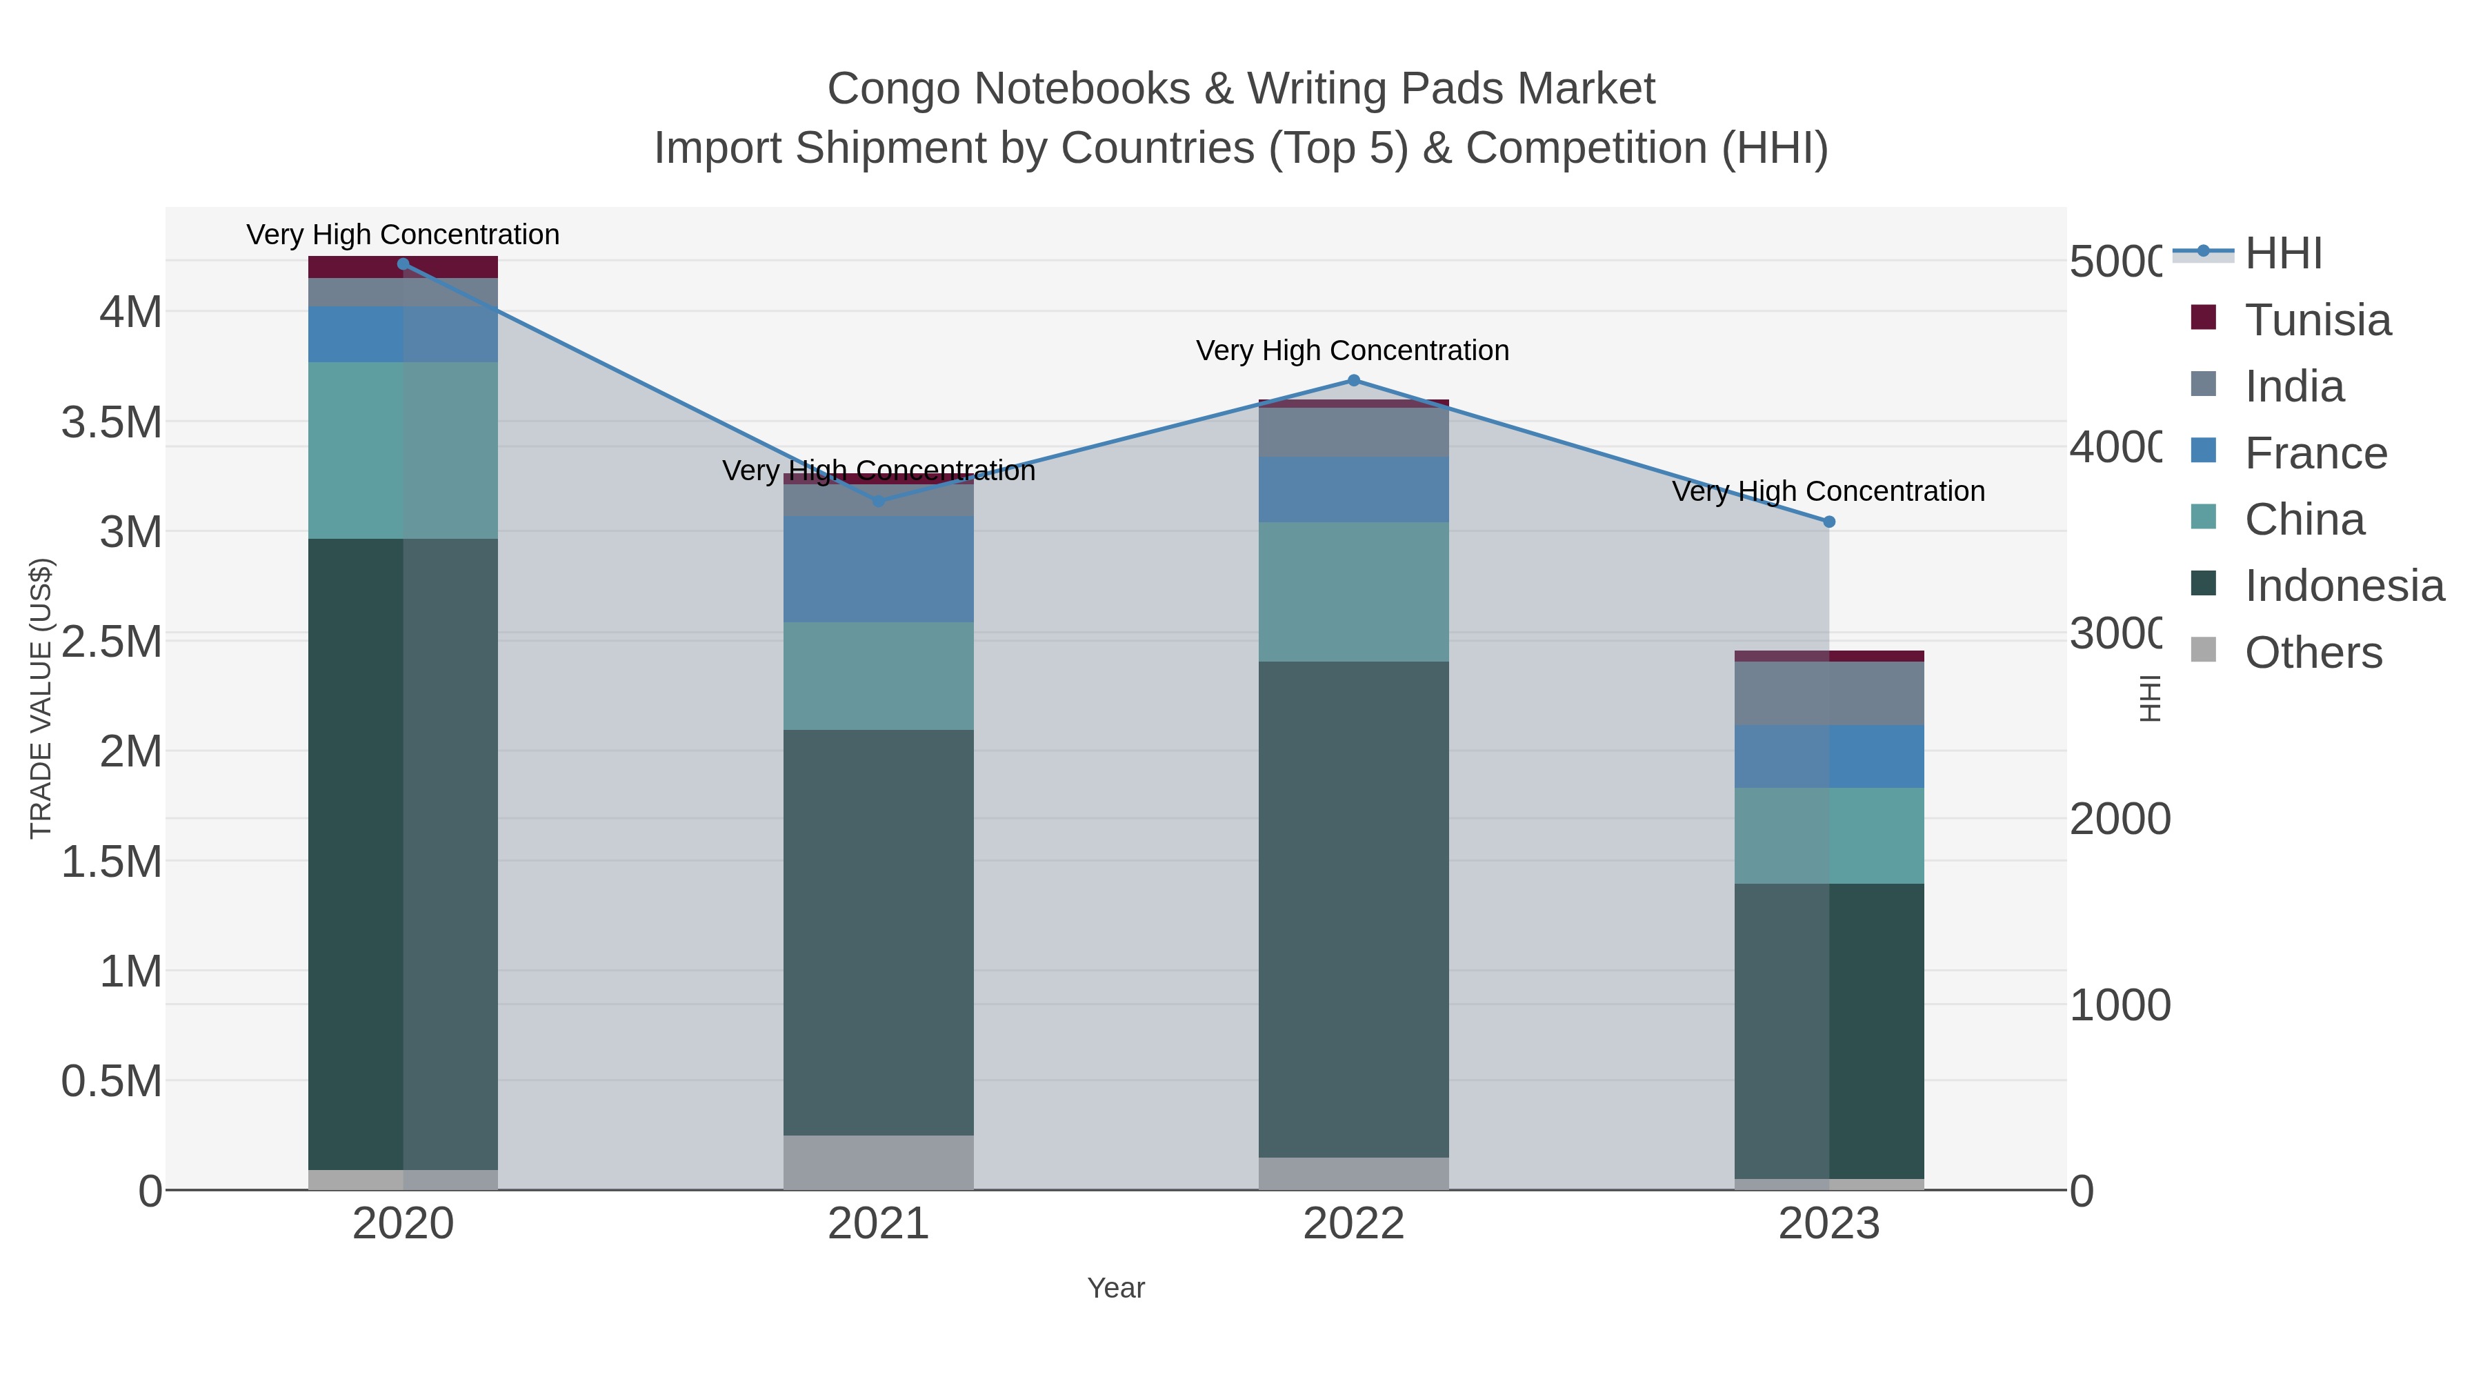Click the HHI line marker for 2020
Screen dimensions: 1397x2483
coord(403,264)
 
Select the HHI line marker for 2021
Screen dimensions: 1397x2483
coord(878,502)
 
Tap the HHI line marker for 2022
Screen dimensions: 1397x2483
coord(1353,381)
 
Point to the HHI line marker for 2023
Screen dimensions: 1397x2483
coord(1828,522)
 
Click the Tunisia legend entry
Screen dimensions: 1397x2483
coord(2317,320)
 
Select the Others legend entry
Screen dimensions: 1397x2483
coord(2313,653)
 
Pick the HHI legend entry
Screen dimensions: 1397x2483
coord(2282,254)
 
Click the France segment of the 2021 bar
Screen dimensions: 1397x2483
coord(878,569)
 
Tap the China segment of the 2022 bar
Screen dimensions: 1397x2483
coord(1353,592)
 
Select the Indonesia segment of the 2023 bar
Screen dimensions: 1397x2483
coord(1828,1030)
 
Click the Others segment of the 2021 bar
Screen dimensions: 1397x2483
coord(878,1162)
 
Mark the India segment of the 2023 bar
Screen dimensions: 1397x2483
coord(1828,693)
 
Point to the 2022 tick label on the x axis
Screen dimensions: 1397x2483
coord(1353,1225)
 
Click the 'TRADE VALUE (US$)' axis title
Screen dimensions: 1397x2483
coord(41,698)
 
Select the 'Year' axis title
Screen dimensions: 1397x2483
coord(1115,1288)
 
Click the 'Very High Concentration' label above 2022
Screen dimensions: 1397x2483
coord(1353,351)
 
